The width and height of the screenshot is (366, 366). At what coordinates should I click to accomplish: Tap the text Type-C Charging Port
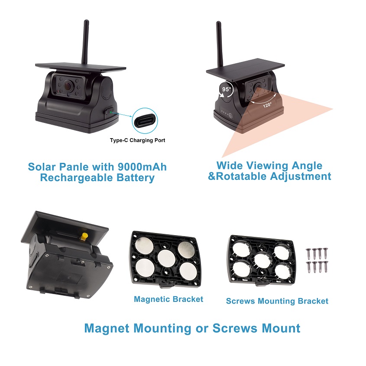(137, 140)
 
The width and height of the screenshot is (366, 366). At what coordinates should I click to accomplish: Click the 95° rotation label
(227, 89)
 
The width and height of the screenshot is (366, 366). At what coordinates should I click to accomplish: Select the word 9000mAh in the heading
(142, 167)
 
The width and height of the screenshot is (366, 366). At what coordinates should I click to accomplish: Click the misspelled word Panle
(74, 167)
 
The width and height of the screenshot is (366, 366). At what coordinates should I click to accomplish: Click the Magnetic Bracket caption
(168, 299)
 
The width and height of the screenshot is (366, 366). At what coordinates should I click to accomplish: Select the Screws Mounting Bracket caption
(277, 301)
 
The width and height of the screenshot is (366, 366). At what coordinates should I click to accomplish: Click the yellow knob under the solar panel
(83, 236)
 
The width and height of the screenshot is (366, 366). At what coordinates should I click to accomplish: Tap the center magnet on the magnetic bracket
(166, 258)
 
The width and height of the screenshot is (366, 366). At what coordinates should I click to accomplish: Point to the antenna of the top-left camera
(85, 42)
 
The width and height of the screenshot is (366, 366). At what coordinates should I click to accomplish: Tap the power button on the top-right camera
(230, 115)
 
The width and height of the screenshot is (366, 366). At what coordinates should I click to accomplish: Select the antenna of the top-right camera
(219, 44)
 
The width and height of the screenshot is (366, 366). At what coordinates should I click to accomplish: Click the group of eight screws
(317, 260)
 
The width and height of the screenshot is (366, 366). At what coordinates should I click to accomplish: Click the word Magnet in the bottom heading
(107, 328)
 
